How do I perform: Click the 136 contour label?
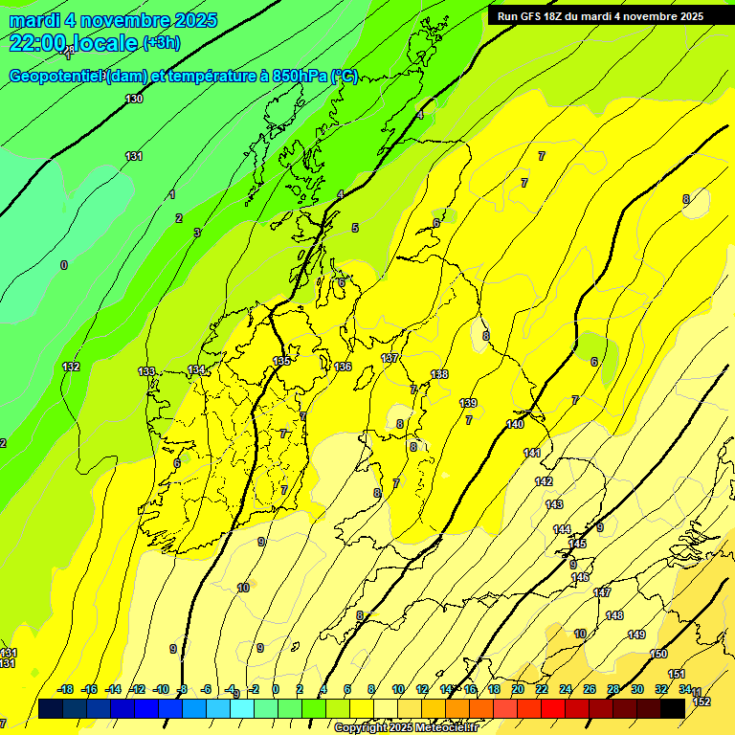343,367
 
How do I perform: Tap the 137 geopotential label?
390,358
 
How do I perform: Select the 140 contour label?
515,423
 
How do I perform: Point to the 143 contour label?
554,504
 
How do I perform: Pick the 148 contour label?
614,615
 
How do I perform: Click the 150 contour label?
658,654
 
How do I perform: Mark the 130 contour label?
134,99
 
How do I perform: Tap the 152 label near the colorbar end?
702,702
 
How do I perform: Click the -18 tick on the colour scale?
65,689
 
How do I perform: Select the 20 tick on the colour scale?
517,689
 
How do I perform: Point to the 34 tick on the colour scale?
685,689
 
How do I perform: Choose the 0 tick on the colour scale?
276,689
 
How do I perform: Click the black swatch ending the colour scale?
673,708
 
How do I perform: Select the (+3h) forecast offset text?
161,43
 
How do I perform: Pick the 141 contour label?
532,453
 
